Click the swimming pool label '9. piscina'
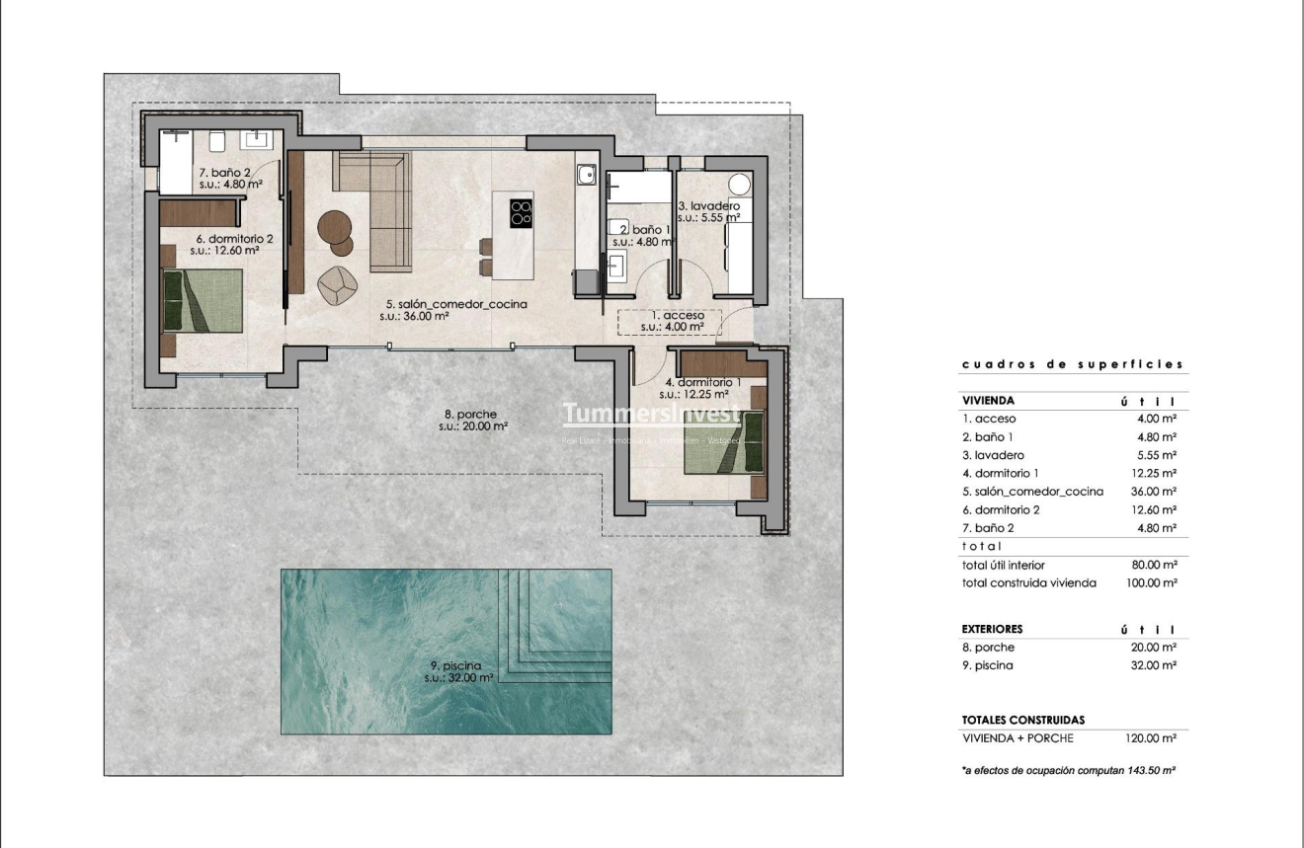455,665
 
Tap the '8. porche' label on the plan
470,415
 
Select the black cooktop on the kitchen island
521,213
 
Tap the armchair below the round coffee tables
337,283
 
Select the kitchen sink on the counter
586,176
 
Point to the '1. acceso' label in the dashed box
671,315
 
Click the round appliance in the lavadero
740,185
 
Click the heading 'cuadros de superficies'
1072,364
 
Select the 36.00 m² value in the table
1154,492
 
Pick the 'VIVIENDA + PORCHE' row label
1017,738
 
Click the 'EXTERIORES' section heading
992,629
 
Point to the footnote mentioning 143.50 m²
1067,769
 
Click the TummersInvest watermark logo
651,414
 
